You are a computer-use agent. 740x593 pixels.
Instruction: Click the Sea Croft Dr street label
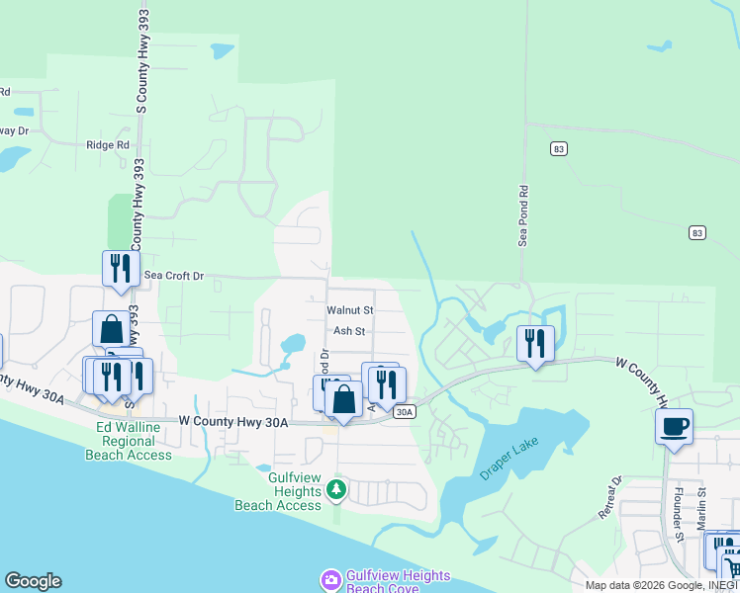[173, 276]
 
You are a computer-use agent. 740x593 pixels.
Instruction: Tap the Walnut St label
[350, 310]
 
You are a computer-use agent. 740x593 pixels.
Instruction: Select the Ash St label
[349, 332]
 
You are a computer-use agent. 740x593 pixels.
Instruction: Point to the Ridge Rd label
[108, 144]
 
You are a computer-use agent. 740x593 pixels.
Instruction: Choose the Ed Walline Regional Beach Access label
[134, 441]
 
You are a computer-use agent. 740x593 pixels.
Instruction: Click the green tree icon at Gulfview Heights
[336, 489]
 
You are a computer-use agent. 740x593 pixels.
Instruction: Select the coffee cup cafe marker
[674, 427]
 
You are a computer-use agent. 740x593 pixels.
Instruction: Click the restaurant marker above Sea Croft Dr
[121, 268]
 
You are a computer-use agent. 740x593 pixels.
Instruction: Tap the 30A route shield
[404, 412]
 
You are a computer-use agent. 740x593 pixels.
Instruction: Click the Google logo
[33, 581]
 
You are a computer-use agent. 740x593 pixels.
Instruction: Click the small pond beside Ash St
[293, 346]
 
